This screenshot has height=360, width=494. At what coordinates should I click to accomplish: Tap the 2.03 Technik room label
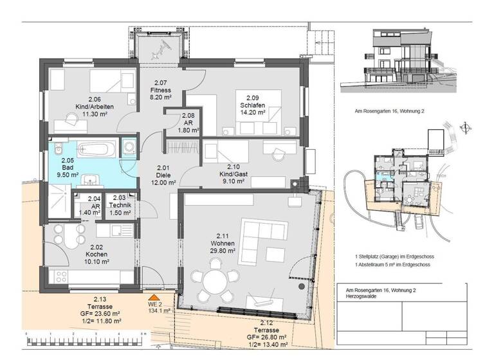pos(119,204)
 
